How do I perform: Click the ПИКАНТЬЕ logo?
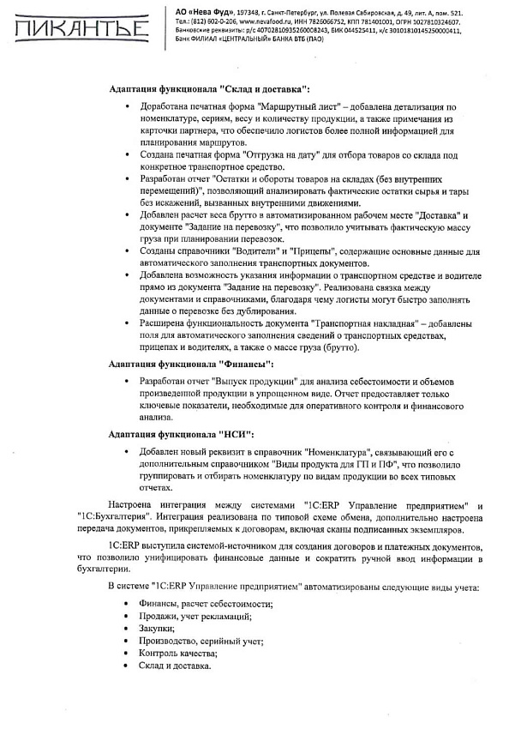point(78,29)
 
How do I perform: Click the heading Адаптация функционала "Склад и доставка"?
point(210,89)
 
